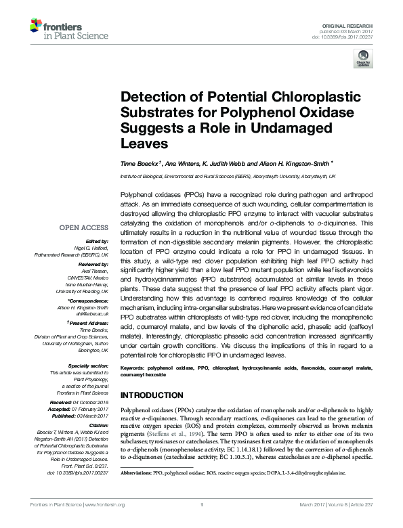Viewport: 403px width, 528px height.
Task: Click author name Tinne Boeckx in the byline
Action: [140, 163]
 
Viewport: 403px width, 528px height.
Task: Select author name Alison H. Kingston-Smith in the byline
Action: [292, 163]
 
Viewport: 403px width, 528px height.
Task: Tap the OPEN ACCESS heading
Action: [84, 228]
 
